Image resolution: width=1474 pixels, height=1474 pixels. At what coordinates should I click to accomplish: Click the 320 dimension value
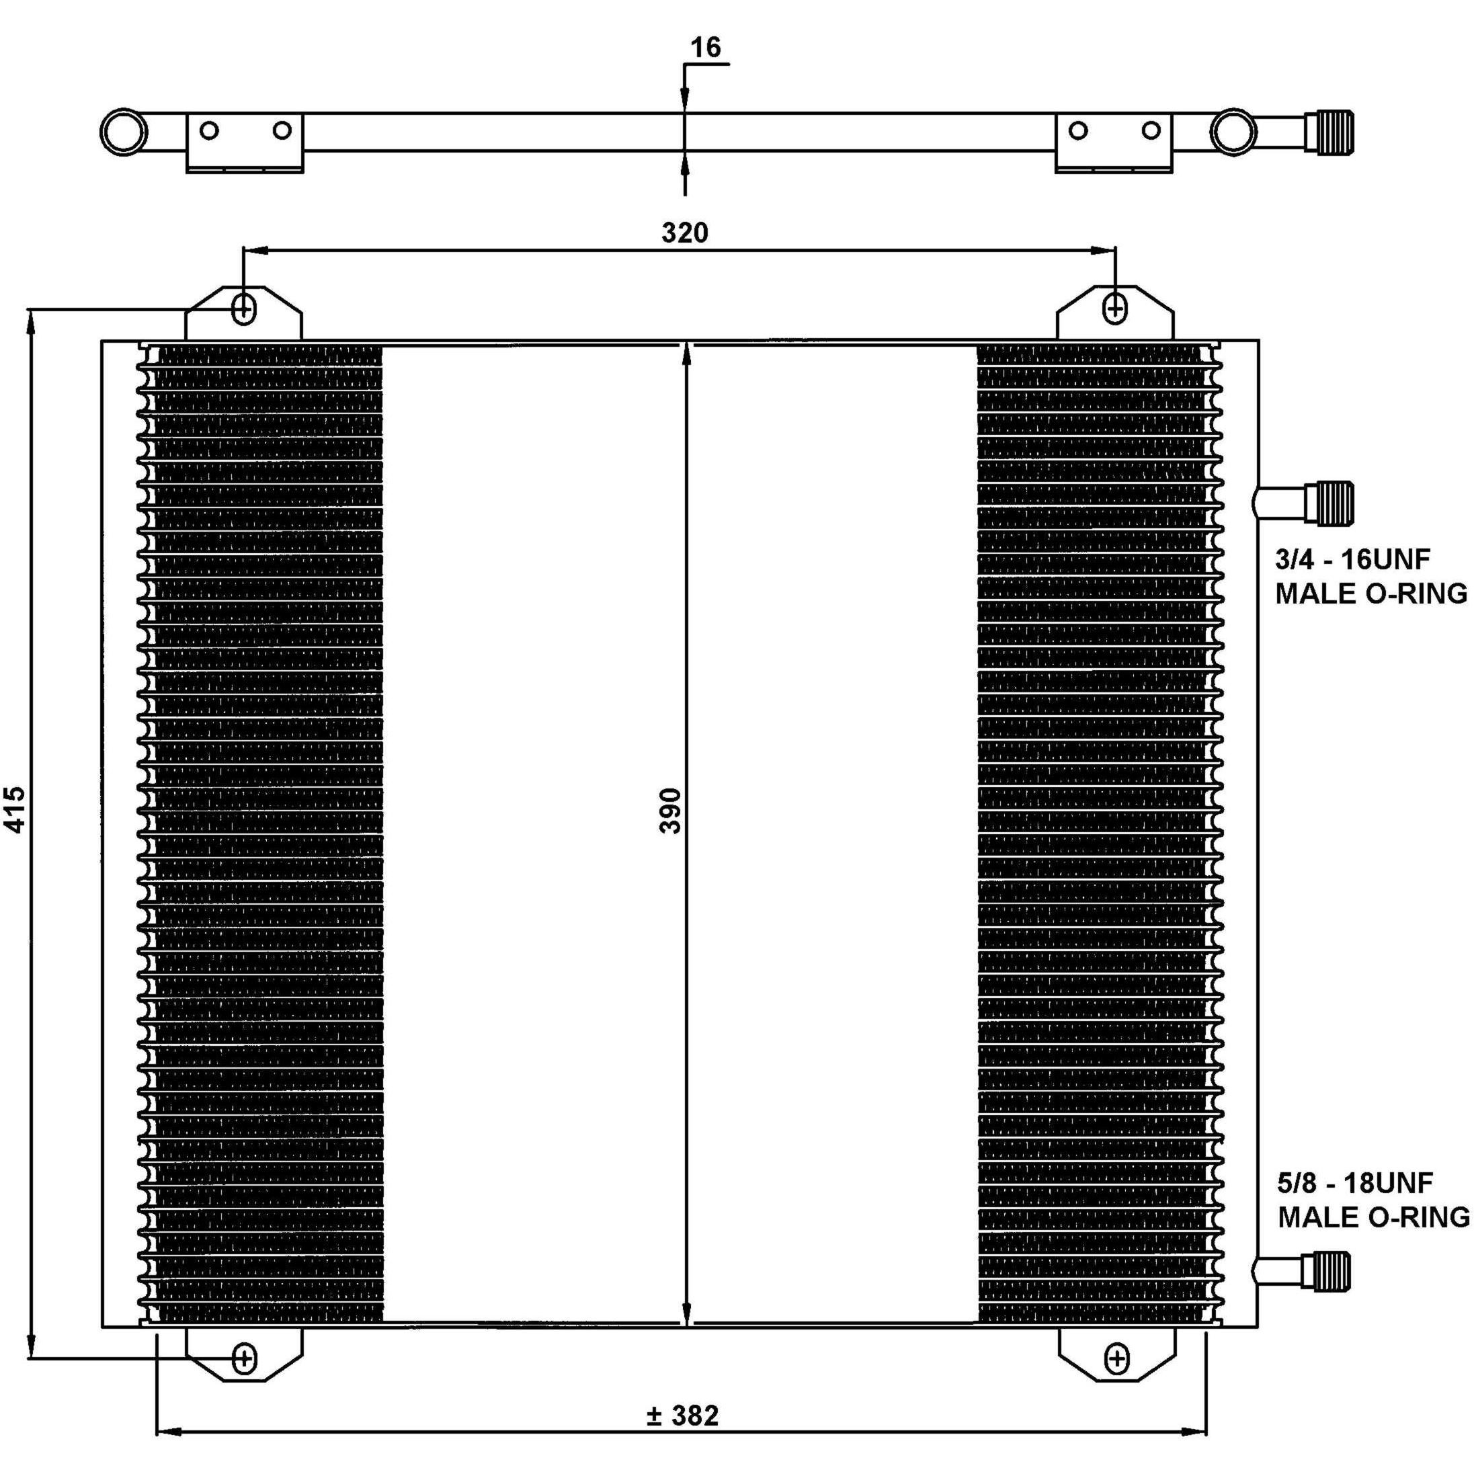pos(684,232)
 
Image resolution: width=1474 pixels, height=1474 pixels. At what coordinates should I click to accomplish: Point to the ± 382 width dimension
pos(682,1416)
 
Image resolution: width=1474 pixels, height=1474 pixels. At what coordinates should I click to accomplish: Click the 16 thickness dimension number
pos(705,47)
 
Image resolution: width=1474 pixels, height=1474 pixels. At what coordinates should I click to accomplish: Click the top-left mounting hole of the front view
pos(243,309)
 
